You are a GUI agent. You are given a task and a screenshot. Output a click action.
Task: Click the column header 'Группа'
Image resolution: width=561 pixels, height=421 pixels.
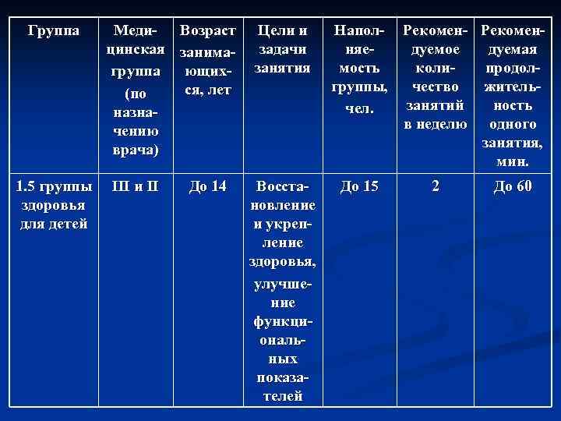click(x=52, y=31)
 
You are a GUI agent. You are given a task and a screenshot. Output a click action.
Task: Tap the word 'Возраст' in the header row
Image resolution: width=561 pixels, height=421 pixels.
click(x=206, y=31)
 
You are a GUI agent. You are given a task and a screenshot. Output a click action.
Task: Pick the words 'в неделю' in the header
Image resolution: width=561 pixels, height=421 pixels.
click(x=436, y=125)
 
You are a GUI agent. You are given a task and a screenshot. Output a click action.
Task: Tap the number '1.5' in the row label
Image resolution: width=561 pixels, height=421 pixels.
click(x=28, y=187)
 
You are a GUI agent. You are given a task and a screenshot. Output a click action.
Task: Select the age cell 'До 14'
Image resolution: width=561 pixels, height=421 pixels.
click(x=206, y=187)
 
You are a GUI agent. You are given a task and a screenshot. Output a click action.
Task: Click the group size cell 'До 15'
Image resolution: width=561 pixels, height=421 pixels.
click(x=359, y=187)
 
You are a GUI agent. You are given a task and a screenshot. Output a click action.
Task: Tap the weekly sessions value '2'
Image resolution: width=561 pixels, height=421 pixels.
click(x=436, y=187)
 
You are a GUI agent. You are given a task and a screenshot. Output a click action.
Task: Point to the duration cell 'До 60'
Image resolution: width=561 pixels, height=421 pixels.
click(x=513, y=187)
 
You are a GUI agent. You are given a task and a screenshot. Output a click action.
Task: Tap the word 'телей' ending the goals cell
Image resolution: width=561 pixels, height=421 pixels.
click(x=280, y=395)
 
